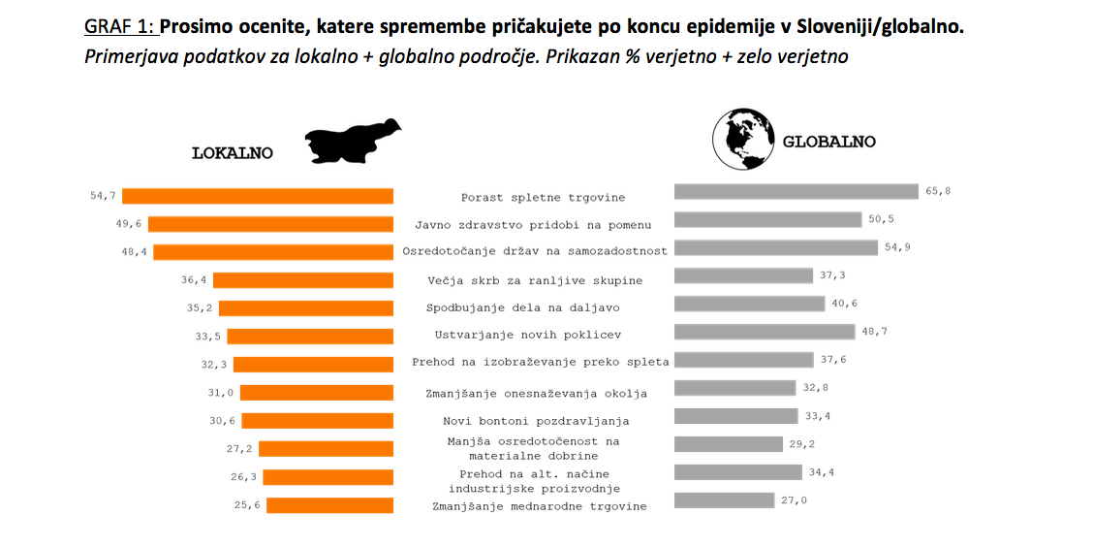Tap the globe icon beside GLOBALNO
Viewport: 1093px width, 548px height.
tap(741, 139)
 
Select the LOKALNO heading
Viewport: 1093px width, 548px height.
tap(233, 153)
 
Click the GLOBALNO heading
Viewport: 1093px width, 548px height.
tap(828, 142)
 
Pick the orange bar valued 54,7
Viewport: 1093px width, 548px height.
tap(258, 196)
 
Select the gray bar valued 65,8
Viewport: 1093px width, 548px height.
tap(796, 191)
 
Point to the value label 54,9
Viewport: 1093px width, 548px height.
tap(897, 247)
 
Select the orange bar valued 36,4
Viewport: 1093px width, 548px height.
tap(303, 280)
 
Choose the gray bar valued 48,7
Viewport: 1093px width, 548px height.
tap(764, 332)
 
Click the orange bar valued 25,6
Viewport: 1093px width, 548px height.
tap(329, 505)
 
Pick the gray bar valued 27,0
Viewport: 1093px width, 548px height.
tap(724, 500)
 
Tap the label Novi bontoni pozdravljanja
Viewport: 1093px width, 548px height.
tap(536, 421)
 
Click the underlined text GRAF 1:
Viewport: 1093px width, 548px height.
tap(120, 26)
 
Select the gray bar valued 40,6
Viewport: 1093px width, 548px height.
tap(748, 304)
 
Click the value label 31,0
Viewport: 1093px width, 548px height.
tap(221, 393)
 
